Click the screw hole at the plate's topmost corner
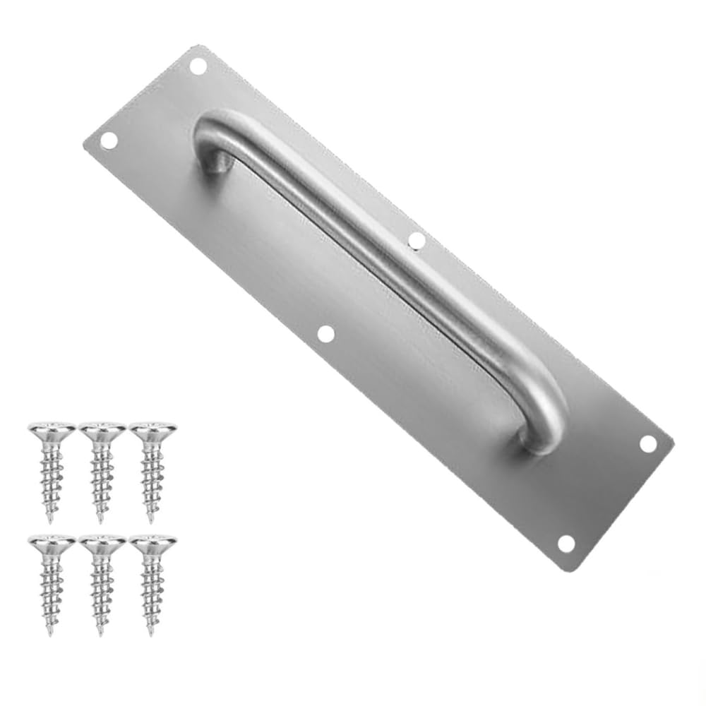tap(198, 66)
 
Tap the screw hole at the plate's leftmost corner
tap(108, 140)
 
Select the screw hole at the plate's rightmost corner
tap(647, 443)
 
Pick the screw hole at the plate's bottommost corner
tap(566, 543)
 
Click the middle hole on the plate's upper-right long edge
tap(417, 241)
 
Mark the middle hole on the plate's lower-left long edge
tap(325, 334)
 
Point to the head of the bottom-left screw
tap(52, 543)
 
